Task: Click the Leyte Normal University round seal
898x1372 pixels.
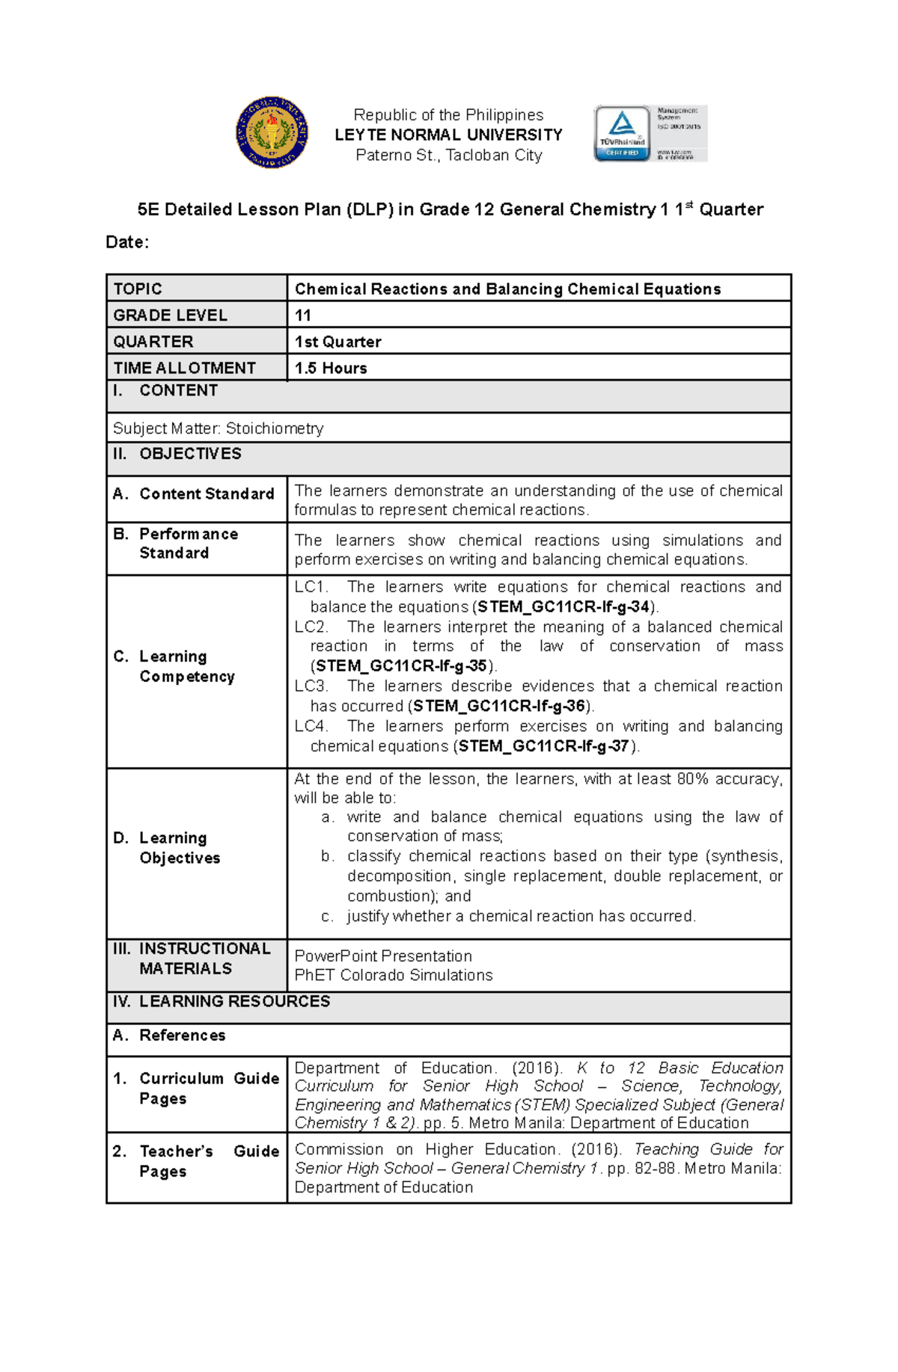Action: click(x=272, y=132)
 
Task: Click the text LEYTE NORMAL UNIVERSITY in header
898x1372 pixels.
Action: click(x=448, y=135)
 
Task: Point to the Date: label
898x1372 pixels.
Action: click(x=127, y=242)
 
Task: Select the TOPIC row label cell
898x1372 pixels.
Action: click(x=196, y=289)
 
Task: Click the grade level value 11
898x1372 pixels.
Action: click(x=303, y=316)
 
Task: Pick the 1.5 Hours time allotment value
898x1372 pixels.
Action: click(x=331, y=368)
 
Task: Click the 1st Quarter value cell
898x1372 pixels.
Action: click(x=338, y=342)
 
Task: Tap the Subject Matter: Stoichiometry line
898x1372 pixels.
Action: click(x=218, y=428)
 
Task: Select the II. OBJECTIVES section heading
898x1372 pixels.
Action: click(x=177, y=454)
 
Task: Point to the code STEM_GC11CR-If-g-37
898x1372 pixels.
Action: click(x=544, y=746)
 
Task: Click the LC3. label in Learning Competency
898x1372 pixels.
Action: click(x=311, y=686)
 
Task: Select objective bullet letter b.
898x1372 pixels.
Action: click(x=327, y=856)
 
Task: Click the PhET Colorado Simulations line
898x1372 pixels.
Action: click(x=394, y=975)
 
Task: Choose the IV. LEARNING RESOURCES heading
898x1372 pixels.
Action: click(x=222, y=1001)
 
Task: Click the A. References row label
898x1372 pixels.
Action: click(x=169, y=1036)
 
